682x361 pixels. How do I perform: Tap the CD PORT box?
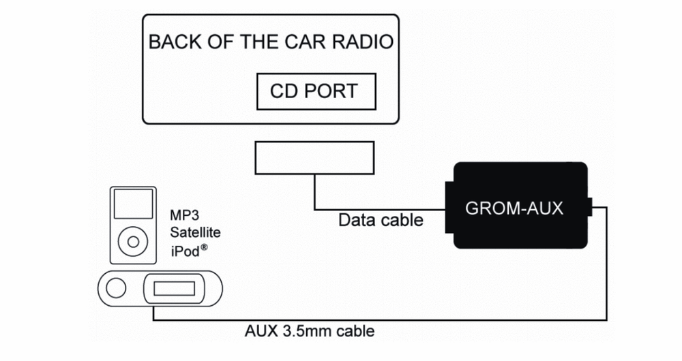pos(315,91)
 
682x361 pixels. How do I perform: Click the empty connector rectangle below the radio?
pos(314,157)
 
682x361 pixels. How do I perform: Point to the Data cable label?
pos(381,220)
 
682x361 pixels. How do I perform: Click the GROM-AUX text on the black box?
pos(514,208)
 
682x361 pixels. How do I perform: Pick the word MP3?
pos(184,217)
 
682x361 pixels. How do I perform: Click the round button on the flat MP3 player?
pos(117,289)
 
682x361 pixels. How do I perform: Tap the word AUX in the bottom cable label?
pos(260,332)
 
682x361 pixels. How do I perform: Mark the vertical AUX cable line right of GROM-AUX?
pos(606,272)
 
